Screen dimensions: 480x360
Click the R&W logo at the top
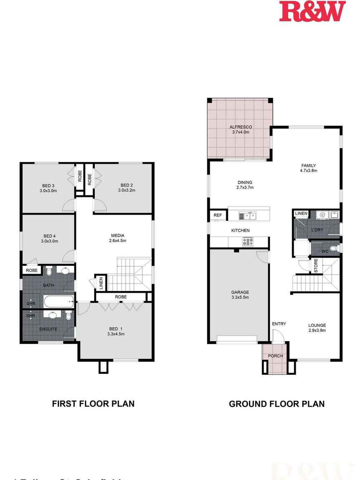coord(312,11)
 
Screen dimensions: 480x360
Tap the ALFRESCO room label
coord(241,127)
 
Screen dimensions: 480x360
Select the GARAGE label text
coord(240,293)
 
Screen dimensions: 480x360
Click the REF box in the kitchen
coord(218,215)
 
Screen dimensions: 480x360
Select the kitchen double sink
coord(247,215)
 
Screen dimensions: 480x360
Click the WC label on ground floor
coord(325,251)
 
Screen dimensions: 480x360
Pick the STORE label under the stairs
coord(316,266)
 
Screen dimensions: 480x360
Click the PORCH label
coord(275,356)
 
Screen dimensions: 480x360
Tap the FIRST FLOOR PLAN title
coord(93,404)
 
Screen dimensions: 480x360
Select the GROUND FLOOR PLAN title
coord(277,404)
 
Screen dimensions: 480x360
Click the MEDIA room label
coord(118,235)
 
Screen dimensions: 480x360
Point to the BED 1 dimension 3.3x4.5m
coord(116,334)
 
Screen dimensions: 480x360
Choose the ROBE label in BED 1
coord(121,297)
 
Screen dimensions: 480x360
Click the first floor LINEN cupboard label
coord(101,283)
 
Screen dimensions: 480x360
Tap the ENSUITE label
coord(48,329)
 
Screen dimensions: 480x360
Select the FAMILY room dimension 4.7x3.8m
coord(309,170)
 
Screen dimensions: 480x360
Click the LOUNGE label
coord(317,326)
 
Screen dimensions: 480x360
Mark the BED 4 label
coord(49,235)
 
